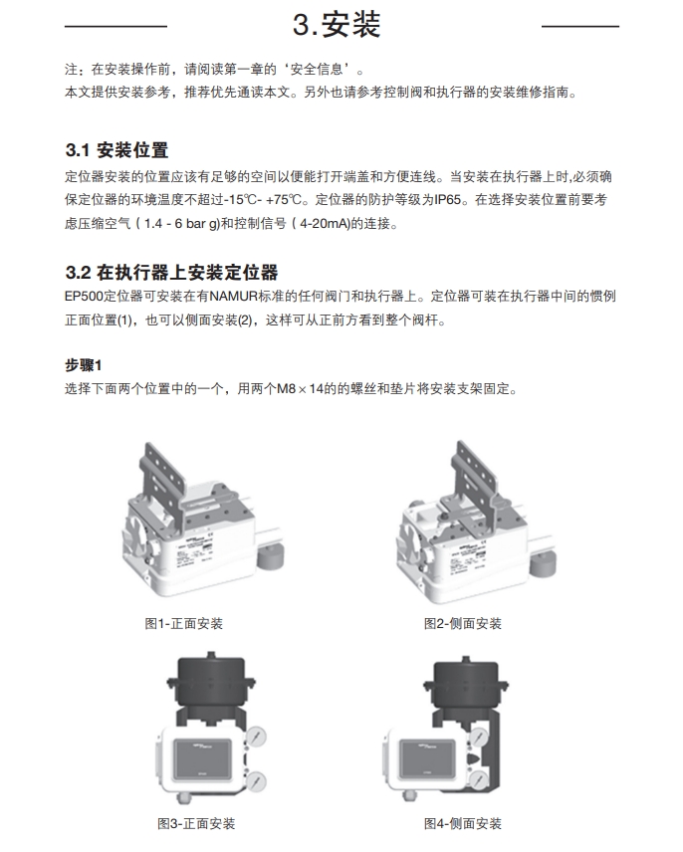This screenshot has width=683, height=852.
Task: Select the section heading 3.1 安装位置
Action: (x=116, y=150)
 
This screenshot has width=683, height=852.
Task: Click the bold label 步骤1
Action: (x=84, y=364)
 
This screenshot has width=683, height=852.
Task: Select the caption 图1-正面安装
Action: (x=184, y=624)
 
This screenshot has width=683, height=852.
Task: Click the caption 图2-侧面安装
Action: (x=463, y=624)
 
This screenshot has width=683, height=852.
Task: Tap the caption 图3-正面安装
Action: (x=197, y=823)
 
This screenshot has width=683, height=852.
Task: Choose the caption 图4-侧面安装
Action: (x=463, y=823)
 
